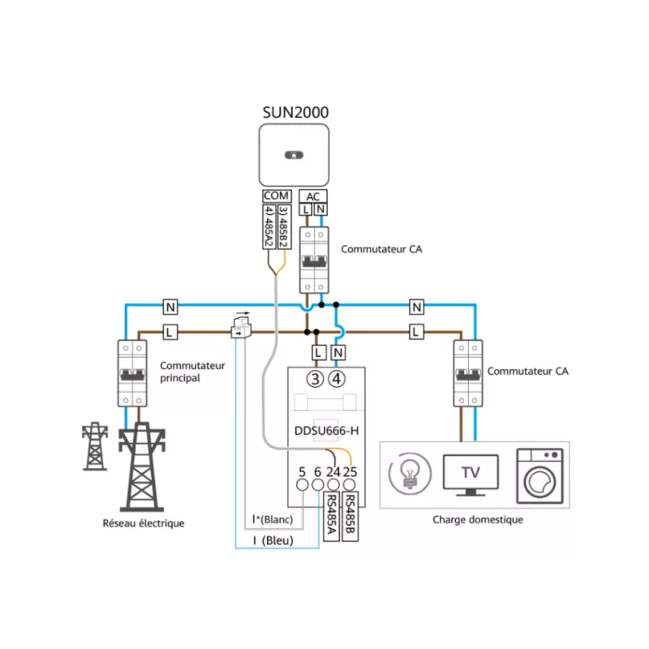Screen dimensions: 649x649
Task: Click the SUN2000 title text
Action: [294, 112]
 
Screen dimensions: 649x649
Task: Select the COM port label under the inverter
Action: [276, 196]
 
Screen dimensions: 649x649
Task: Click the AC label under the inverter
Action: [313, 196]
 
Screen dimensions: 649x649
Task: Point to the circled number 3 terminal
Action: [315, 378]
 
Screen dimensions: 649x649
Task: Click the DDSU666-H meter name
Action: [327, 432]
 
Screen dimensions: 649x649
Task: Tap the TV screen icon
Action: [470, 475]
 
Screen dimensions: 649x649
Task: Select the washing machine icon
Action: [539, 475]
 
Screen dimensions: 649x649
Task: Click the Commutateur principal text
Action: [192, 372]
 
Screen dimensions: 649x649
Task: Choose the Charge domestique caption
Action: [478, 520]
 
